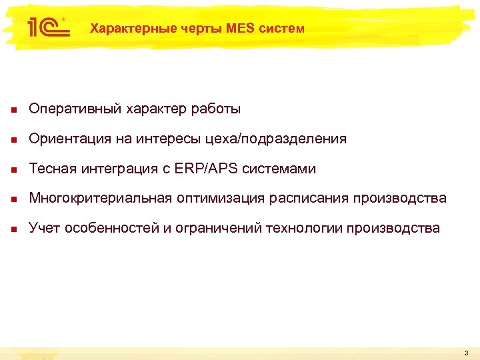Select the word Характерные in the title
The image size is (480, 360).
coord(124,29)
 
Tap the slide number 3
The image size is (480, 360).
coord(466,353)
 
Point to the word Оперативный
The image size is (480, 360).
coord(71,109)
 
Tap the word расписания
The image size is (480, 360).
coord(312,199)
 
